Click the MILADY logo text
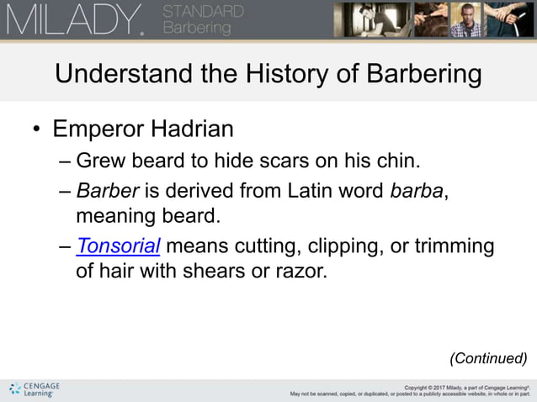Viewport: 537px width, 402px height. click(74, 19)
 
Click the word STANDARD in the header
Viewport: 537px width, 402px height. click(203, 12)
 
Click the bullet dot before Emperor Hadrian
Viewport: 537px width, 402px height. click(36, 131)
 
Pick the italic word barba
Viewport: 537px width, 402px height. click(416, 189)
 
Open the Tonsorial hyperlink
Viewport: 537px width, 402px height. click(118, 246)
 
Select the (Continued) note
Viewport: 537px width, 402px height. click(488, 358)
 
